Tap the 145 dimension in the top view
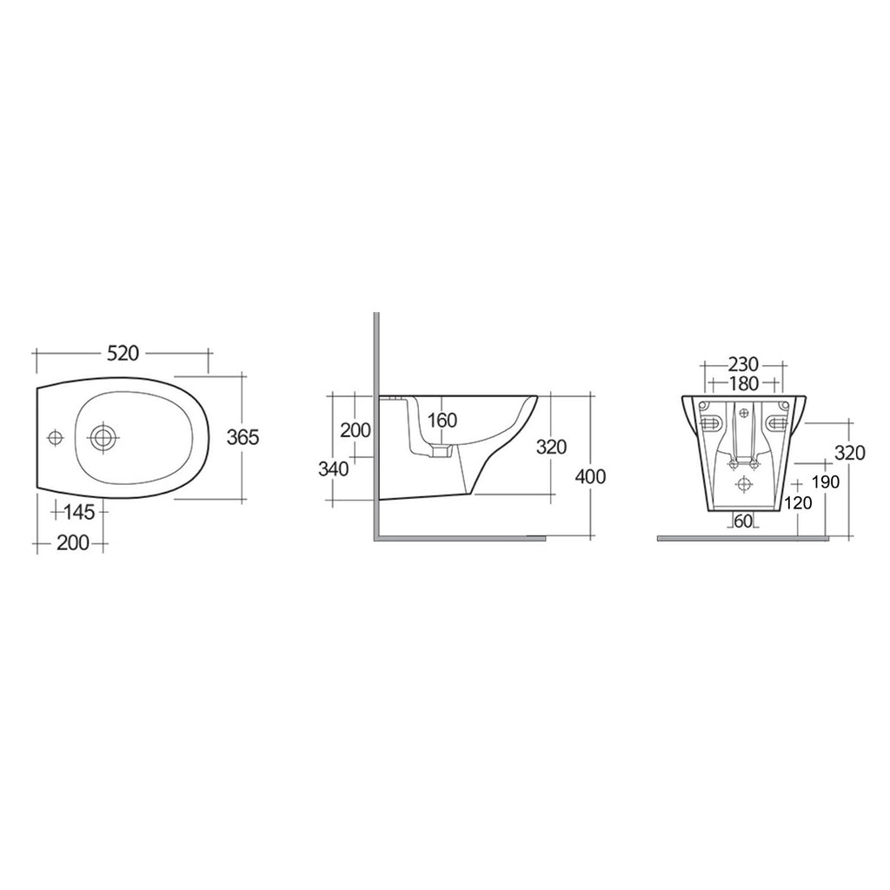coord(81,512)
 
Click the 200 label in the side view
coord(355,429)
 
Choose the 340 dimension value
coord(333,469)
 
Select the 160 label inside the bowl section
coord(442,421)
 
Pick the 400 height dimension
coord(591,476)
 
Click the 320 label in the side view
coord(551,447)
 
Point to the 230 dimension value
coord(743,363)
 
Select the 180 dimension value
coord(743,383)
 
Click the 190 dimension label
coord(824,482)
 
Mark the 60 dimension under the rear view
coord(743,521)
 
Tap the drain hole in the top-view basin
coord(103,436)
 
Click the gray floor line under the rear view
coord(752,539)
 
